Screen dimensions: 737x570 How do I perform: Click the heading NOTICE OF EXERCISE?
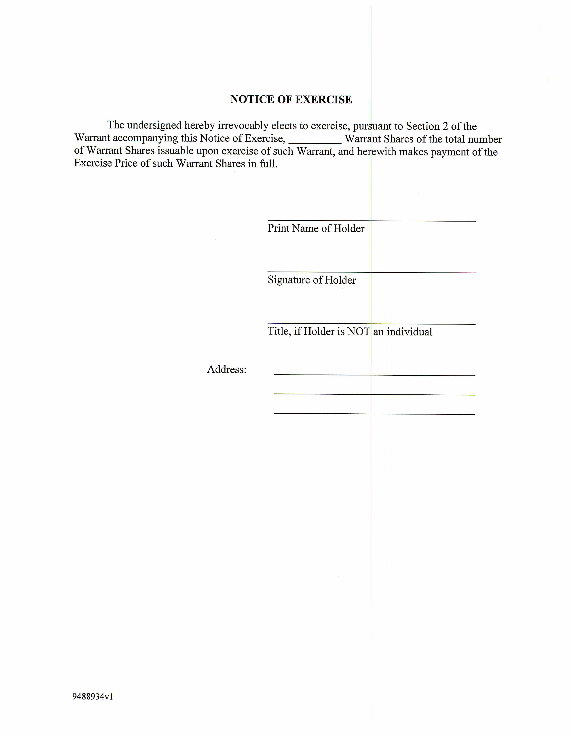291,100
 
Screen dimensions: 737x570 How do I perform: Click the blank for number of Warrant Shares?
315,141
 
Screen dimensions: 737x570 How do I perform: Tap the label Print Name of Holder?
316,228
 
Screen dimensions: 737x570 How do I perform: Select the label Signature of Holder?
311,280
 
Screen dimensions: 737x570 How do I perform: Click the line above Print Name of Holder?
372,221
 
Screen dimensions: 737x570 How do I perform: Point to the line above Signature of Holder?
372,272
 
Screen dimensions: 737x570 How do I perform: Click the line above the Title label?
372,324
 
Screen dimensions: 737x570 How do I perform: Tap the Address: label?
227,369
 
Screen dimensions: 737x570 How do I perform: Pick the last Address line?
374,413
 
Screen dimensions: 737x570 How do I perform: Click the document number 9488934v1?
93,697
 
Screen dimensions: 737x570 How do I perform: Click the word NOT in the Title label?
359,331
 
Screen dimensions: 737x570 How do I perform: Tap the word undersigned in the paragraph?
154,125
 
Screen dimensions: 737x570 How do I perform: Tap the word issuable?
175,151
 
